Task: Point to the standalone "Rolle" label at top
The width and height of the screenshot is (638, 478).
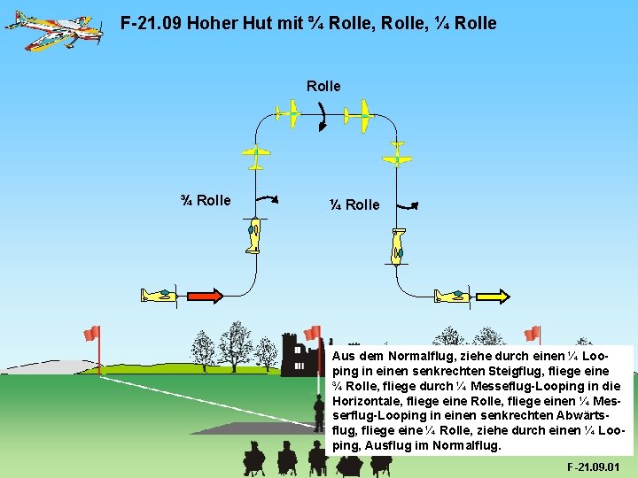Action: click(x=323, y=86)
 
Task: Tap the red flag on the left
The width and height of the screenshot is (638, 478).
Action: click(x=91, y=334)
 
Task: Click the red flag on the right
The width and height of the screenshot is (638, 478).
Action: click(x=532, y=334)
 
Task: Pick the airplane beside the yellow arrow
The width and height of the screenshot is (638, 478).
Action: click(x=452, y=296)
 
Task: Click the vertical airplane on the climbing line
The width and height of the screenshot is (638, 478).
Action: click(x=254, y=235)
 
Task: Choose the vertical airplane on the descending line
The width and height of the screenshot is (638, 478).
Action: click(x=398, y=245)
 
